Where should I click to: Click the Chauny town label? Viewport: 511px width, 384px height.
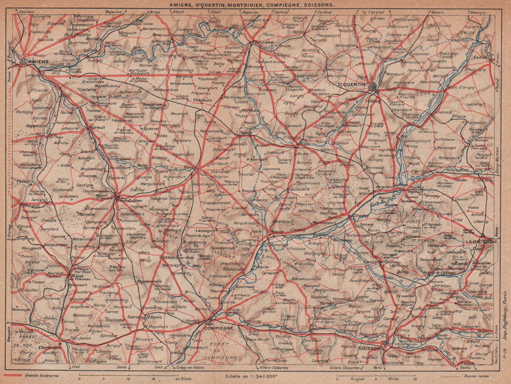point(361,216)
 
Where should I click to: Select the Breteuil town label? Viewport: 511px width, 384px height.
point(31,206)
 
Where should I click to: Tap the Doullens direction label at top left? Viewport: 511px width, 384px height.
point(27,12)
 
